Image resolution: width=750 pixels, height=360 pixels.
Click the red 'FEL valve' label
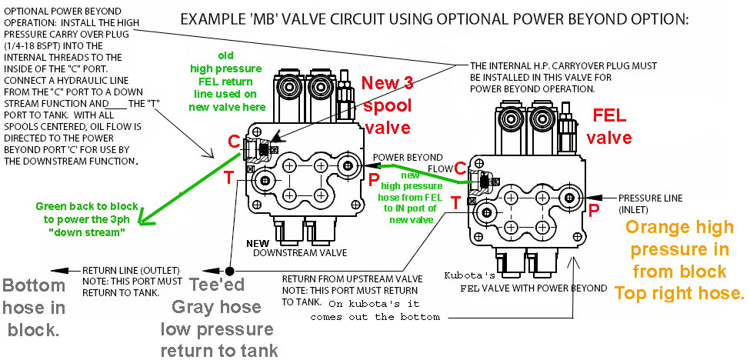[x=612, y=126]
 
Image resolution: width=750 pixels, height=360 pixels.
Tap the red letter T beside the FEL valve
[x=455, y=202]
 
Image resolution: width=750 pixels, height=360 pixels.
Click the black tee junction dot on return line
[x=230, y=271]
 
